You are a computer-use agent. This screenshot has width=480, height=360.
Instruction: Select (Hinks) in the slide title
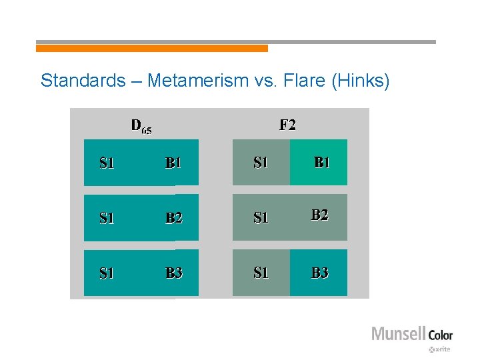(x=357, y=81)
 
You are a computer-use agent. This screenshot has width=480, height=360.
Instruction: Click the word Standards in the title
(x=83, y=81)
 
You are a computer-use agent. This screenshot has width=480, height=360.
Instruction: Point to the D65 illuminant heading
(x=141, y=126)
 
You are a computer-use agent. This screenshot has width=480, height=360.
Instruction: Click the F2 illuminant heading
(x=287, y=125)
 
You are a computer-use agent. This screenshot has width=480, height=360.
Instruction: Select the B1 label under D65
(x=174, y=163)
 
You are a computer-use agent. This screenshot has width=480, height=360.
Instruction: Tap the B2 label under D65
(x=174, y=217)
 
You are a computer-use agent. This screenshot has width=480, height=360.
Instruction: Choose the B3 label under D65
(x=174, y=273)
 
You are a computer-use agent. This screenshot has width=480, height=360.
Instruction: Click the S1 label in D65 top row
(x=107, y=163)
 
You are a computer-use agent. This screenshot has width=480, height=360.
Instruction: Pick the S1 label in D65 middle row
(x=107, y=217)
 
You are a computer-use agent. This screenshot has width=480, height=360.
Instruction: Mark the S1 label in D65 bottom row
(x=107, y=273)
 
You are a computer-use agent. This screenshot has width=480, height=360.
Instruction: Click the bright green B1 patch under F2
(x=319, y=162)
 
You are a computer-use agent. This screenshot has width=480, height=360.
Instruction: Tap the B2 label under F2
(x=320, y=215)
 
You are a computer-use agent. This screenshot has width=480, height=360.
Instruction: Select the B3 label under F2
(x=320, y=273)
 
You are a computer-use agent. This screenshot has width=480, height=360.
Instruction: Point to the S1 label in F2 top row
(x=261, y=163)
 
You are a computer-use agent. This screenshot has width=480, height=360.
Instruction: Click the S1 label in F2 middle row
(x=261, y=217)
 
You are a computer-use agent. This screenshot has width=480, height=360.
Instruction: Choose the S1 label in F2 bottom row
(x=261, y=273)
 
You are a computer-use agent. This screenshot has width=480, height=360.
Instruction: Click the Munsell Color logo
(x=411, y=335)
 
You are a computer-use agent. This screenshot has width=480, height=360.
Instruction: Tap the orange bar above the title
(x=151, y=48)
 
